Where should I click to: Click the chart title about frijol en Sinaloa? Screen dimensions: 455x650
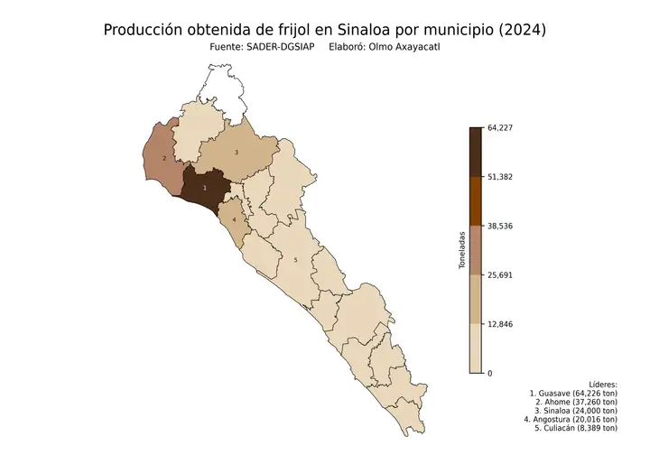[324, 30]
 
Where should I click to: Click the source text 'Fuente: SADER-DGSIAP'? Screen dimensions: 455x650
[261, 47]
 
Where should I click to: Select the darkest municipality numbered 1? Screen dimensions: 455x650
[205, 188]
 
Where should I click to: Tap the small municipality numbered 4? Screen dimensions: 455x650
[234, 219]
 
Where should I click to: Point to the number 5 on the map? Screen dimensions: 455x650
[295, 260]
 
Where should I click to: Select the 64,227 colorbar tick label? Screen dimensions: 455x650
[499, 127]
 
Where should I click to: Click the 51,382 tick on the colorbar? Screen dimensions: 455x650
[499, 177]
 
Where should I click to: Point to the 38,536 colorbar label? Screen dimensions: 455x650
[499, 226]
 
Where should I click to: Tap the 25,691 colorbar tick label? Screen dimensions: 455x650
[499, 274]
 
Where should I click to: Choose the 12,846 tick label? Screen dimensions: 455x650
[499, 324]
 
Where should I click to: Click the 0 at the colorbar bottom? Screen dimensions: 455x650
[490, 373]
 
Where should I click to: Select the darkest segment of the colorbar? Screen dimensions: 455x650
[476, 152]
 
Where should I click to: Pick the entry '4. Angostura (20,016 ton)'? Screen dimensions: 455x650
[571, 419]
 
